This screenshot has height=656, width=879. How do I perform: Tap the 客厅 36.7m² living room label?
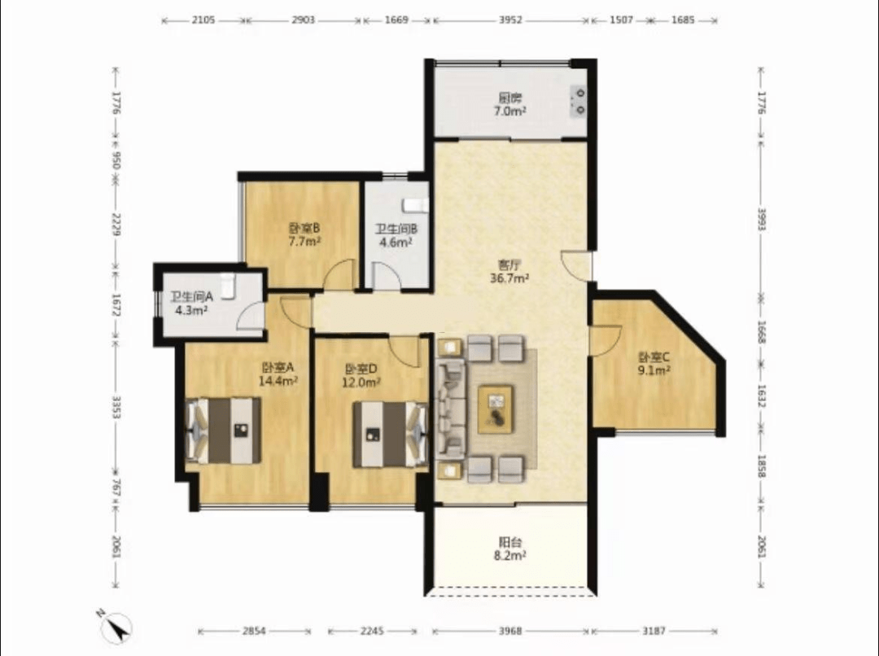tap(509, 271)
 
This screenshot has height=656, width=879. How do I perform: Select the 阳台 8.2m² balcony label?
tap(509, 549)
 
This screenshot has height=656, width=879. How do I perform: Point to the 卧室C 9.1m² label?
tap(654, 363)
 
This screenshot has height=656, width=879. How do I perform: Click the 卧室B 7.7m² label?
tap(304, 235)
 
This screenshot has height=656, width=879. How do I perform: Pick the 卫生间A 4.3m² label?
tap(191, 304)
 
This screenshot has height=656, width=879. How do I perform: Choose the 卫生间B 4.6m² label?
tap(396, 235)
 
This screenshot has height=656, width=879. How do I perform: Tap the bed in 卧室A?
tap(223, 431)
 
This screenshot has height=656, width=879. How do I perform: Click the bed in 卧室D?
tap(390, 434)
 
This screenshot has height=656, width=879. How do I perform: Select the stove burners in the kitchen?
tap(579, 102)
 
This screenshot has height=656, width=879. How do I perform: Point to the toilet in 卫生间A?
tap(226, 286)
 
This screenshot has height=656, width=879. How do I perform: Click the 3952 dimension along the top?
tap(510, 20)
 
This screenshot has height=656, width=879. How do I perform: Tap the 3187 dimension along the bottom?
tap(654, 632)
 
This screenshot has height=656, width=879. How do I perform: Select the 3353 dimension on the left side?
tap(116, 407)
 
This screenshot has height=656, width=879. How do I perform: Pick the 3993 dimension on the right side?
tap(761, 220)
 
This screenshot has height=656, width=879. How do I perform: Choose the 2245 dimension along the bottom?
tap(372, 632)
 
